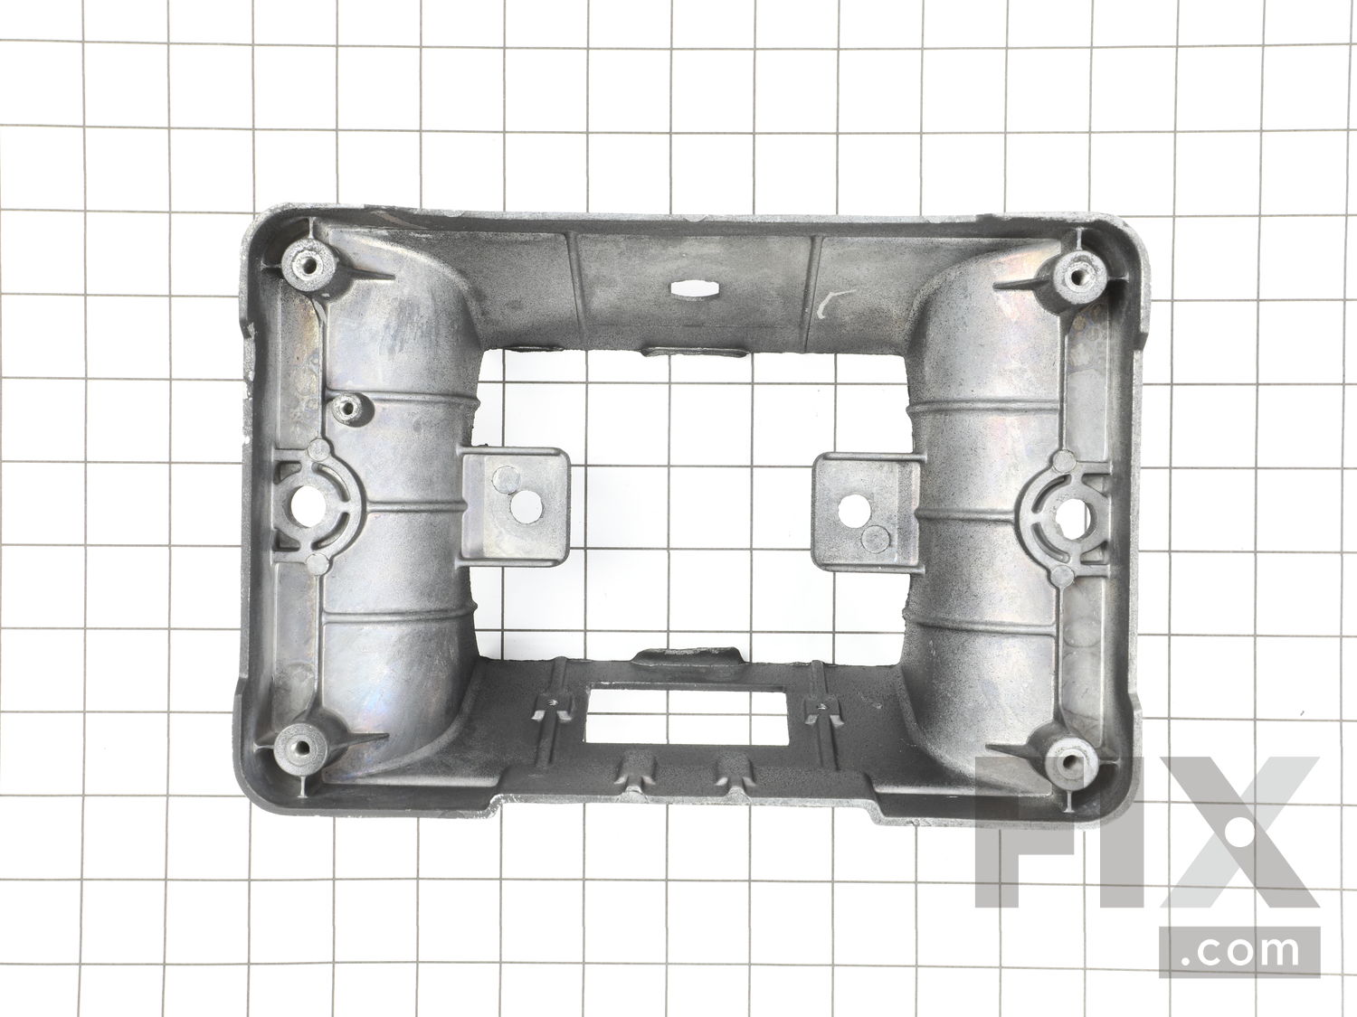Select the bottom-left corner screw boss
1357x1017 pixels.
pyautogui.click(x=301, y=748)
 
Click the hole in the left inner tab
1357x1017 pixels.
pyautogui.click(x=527, y=507)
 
